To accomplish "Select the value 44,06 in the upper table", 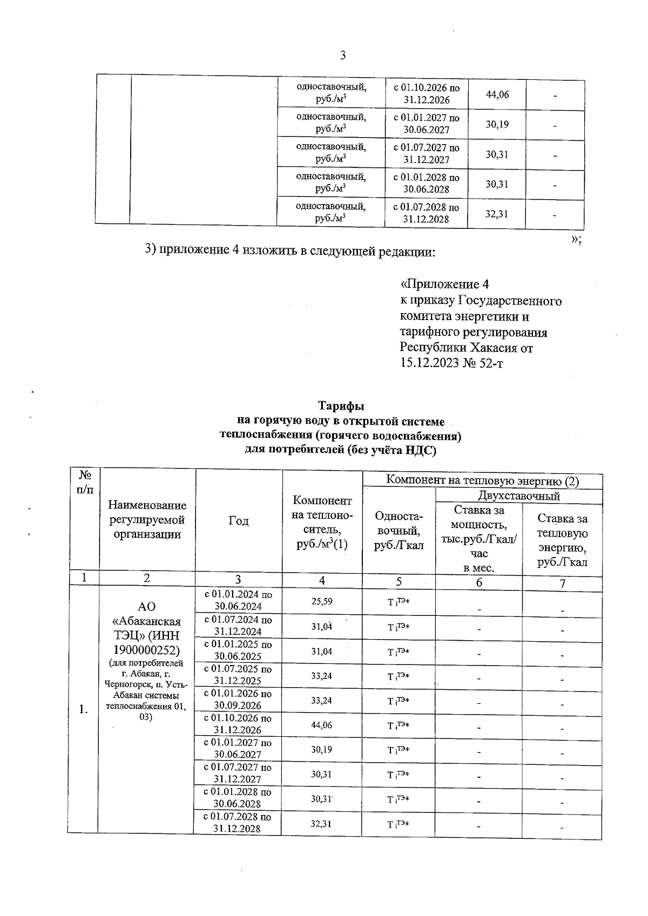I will click(x=497, y=94).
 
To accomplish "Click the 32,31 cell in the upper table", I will click(x=497, y=214).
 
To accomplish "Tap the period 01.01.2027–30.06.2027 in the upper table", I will click(x=426, y=124).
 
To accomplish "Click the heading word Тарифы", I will click(x=341, y=406).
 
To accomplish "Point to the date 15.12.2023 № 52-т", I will click(x=451, y=363).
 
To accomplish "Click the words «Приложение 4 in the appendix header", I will click(x=444, y=284).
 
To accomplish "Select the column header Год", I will click(x=238, y=521).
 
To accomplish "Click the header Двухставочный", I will click(x=518, y=496).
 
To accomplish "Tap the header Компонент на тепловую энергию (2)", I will click(x=483, y=480).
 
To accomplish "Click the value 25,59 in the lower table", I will click(x=322, y=601).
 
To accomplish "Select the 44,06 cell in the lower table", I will click(x=322, y=725).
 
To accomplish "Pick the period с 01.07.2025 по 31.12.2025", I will click(x=238, y=675).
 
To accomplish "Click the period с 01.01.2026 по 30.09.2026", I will click(x=238, y=700).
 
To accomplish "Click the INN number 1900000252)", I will click(x=146, y=648).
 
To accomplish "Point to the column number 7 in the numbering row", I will click(x=562, y=583).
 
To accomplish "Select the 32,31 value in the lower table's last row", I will click(x=322, y=824).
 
